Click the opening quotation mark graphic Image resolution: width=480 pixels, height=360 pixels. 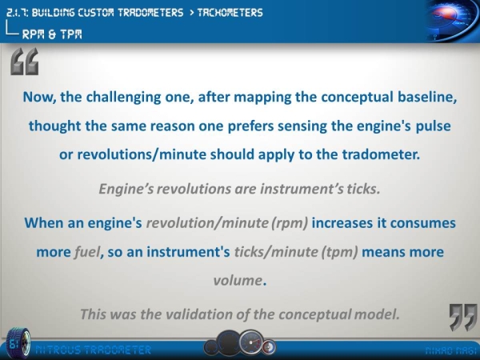click(x=25, y=62)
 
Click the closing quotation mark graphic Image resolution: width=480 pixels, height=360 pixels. click(x=463, y=318)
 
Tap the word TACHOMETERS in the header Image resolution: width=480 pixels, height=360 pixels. click(x=230, y=13)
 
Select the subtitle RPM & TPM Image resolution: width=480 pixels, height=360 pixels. click(x=52, y=34)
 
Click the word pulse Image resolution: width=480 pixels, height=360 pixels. click(x=433, y=126)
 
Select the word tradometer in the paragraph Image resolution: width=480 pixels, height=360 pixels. click(x=381, y=154)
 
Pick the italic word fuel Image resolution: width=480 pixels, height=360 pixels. click(x=87, y=252)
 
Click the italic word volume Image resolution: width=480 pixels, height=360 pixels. click(x=238, y=281)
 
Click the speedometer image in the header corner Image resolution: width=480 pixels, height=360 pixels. click(x=453, y=20)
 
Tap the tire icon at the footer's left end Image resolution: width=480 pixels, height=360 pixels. click(x=18, y=343)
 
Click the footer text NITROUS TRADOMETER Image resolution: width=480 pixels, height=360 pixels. click(x=93, y=350)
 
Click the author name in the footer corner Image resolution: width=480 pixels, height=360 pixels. click(x=451, y=351)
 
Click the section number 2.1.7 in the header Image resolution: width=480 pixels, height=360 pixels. click(x=17, y=13)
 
